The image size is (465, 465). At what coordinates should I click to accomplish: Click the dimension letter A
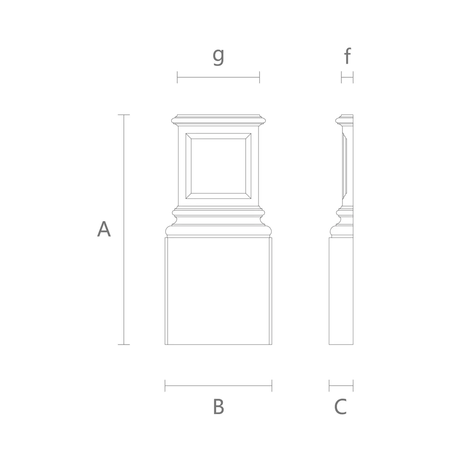tap(104, 229)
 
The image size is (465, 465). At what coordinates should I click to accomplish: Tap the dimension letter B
tap(218, 406)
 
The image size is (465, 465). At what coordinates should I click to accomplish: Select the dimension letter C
tap(341, 406)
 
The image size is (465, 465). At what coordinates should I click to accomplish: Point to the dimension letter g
tap(218, 56)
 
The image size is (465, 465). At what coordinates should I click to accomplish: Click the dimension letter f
tap(347, 55)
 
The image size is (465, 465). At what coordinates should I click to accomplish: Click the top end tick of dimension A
tap(124, 115)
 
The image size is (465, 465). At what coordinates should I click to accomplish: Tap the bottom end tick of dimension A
tap(124, 345)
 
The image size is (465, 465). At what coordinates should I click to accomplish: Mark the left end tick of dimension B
tap(165, 386)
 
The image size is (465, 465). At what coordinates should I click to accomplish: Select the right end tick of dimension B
tap(272, 386)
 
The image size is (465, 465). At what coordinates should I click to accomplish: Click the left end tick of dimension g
tap(178, 77)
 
